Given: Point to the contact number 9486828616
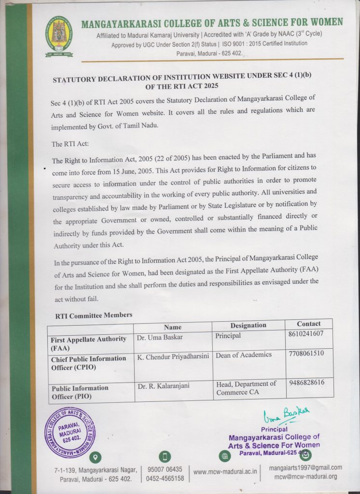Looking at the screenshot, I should pyautogui.click(x=307, y=382).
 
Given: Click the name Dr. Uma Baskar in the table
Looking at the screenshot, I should pyautogui.click(x=160, y=337).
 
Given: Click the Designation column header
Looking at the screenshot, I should pyautogui.click(x=248, y=325).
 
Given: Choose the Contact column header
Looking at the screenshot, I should pyautogui.click(x=308, y=324).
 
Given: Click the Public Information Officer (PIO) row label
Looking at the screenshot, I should pyautogui.click(x=80, y=392).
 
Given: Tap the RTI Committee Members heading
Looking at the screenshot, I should pyautogui.click(x=94, y=315).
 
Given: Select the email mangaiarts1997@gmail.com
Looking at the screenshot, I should pyautogui.click(x=305, y=467).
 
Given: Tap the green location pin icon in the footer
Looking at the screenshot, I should pyautogui.click(x=96, y=456).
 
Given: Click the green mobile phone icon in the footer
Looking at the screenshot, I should pyautogui.click(x=165, y=456).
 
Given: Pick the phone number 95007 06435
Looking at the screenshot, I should pyautogui.click(x=165, y=469).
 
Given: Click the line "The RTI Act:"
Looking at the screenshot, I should pyautogui.click(x=70, y=144).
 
